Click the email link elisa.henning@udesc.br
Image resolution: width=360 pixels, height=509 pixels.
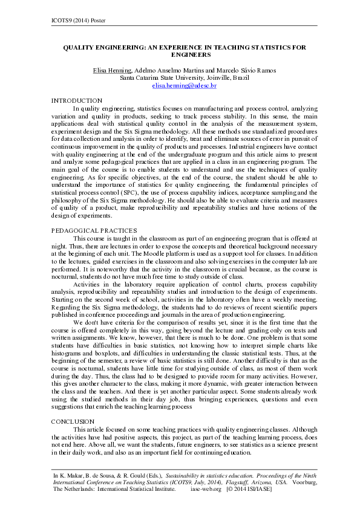184,86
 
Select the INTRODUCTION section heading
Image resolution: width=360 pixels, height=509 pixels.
77,100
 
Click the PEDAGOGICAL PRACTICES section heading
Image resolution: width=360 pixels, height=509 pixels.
94,230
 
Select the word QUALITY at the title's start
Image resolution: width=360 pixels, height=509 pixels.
83,47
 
